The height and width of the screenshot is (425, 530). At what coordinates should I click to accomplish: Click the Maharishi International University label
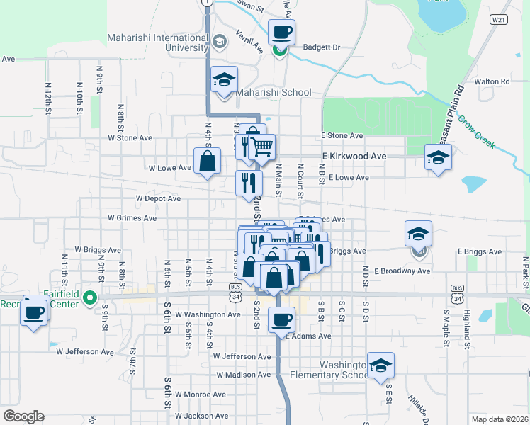pyautogui.click(x=157, y=43)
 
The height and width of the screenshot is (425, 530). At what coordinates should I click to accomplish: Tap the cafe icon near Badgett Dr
pyautogui.click(x=281, y=32)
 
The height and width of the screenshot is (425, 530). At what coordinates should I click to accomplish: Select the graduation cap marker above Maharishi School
pyautogui.click(x=224, y=79)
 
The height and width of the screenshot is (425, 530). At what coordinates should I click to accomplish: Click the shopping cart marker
pyautogui.click(x=261, y=147)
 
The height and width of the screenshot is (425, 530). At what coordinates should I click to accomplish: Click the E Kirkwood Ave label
pyautogui.click(x=354, y=156)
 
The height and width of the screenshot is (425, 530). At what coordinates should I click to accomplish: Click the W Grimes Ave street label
pyautogui.click(x=131, y=218)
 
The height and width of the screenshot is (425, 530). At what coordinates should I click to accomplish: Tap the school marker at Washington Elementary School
pyautogui.click(x=380, y=365)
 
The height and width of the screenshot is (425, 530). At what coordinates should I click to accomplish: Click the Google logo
pyautogui.click(x=23, y=416)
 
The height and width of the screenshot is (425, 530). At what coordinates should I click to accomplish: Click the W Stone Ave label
pyautogui.click(x=130, y=138)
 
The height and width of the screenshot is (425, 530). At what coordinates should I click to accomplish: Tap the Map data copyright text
pyautogui.click(x=500, y=419)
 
